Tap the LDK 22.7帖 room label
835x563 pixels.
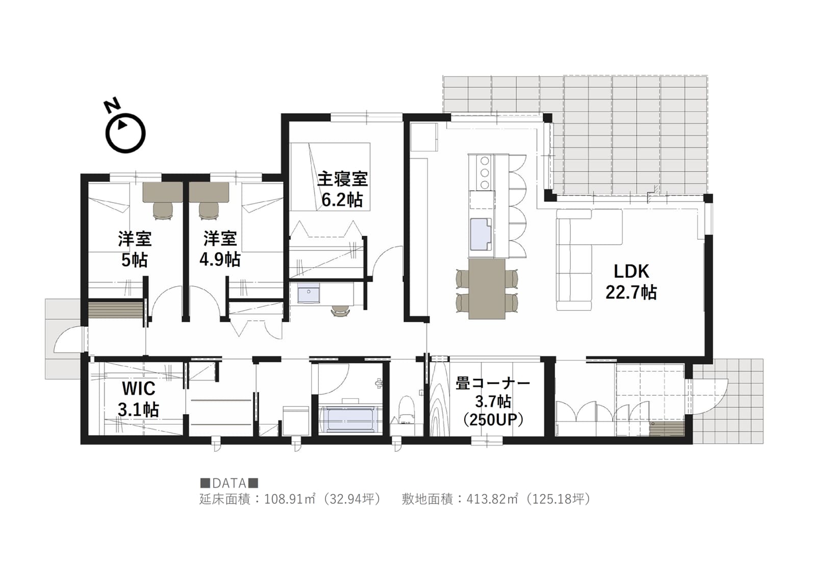[x=631, y=282]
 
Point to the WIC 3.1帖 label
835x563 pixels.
[x=138, y=399]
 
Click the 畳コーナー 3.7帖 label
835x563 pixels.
[x=493, y=402]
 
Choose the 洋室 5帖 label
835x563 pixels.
[x=135, y=249]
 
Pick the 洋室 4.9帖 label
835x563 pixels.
[x=220, y=249]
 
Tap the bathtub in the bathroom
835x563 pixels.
[x=350, y=419]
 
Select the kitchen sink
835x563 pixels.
[x=481, y=234]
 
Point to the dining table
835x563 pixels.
[x=487, y=289]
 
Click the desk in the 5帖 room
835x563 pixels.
[x=163, y=192]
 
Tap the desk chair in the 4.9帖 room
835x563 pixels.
[x=209, y=211]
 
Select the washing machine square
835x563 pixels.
[x=296, y=421]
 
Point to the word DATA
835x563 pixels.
[x=229, y=483]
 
